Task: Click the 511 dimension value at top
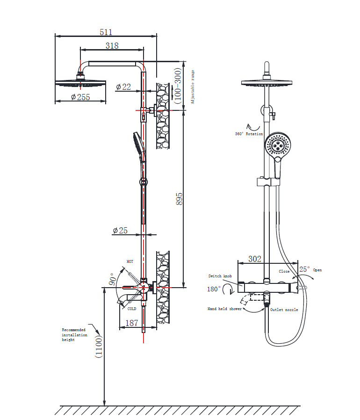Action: [x=106, y=32]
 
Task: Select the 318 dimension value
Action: [x=112, y=45]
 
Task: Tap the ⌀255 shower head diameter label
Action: [x=80, y=97]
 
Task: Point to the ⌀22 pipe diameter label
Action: [x=123, y=87]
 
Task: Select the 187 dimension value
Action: [x=132, y=323]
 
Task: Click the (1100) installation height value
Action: [x=98, y=346]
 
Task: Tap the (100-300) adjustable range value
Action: [x=178, y=85]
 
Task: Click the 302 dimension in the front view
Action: [x=255, y=259]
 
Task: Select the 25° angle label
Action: [x=304, y=269]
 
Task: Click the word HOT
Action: [x=130, y=261]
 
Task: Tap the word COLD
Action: [x=132, y=309]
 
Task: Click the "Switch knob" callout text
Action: [x=220, y=276]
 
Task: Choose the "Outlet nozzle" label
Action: [x=284, y=310]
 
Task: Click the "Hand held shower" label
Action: [x=225, y=309]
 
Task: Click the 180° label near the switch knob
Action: [x=214, y=289]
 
